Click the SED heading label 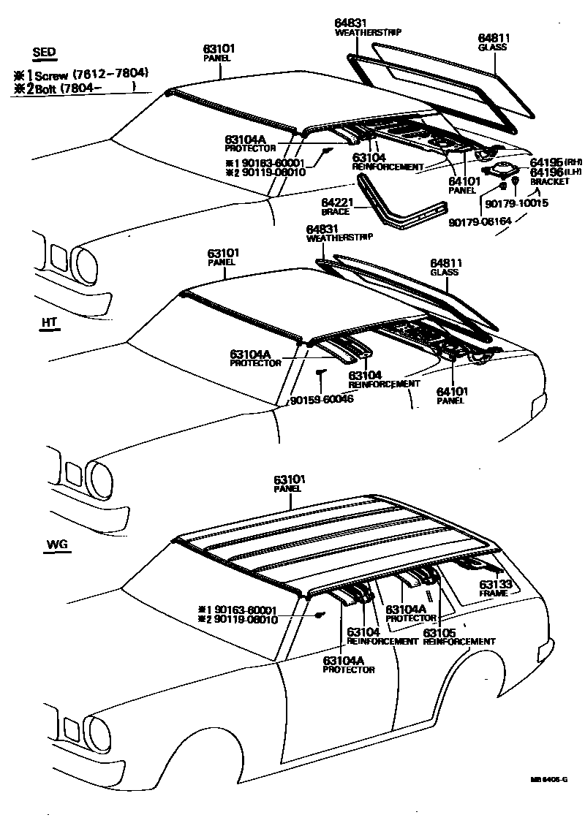(x=45, y=52)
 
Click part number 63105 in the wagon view (x=439, y=632)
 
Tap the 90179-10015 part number (x=516, y=203)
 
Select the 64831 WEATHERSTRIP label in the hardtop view (x=339, y=232)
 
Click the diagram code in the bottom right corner (x=548, y=781)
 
